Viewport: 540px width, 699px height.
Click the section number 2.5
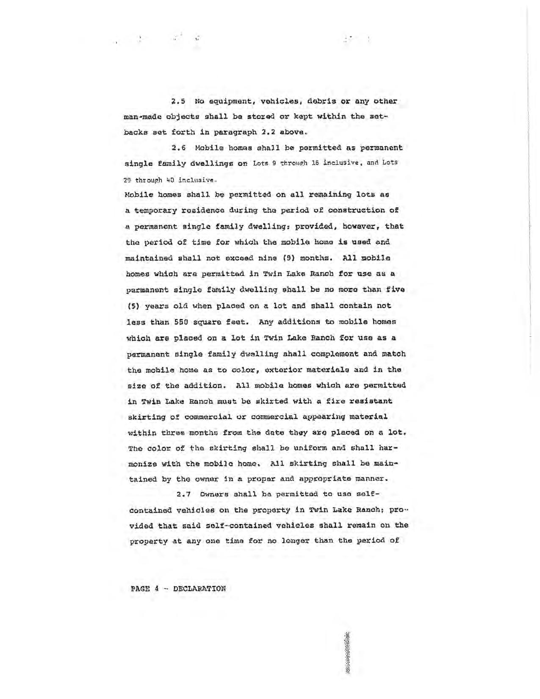[179, 102]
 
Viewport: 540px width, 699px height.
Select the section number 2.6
[179, 148]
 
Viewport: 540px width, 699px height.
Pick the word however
[360, 226]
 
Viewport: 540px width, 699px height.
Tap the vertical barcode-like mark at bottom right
[348, 653]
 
